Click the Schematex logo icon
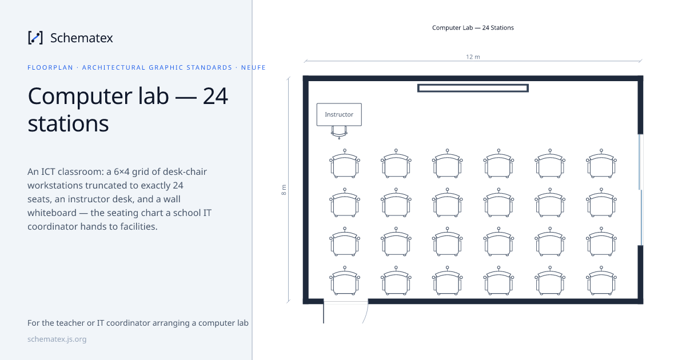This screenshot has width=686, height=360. (x=35, y=38)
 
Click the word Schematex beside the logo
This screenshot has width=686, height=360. (x=81, y=38)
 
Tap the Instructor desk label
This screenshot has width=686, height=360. (x=339, y=114)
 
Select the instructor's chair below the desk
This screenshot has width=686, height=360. (x=339, y=132)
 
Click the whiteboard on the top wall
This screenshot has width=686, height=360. (x=473, y=88)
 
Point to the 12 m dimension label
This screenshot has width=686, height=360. (x=473, y=57)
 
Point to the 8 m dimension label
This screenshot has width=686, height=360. (x=284, y=190)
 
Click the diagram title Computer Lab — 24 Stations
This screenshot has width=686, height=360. (x=473, y=27)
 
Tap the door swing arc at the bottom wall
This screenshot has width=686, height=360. (x=366, y=312)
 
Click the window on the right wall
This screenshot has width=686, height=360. (x=640, y=190)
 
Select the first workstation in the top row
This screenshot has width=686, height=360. (x=345, y=163)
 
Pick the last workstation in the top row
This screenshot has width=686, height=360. (x=601, y=163)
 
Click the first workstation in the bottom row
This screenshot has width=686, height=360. (x=345, y=281)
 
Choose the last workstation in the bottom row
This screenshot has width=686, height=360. (x=601, y=281)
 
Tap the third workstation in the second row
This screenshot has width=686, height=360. (x=448, y=203)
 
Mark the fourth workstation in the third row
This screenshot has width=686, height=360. (x=499, y=242)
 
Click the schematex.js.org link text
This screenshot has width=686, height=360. (x=57, y=339)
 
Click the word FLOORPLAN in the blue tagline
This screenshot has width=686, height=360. (x=50, y=67)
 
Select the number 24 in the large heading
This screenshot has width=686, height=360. (x=216, y=96)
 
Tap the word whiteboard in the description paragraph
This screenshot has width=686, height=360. (x=52, y=213)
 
